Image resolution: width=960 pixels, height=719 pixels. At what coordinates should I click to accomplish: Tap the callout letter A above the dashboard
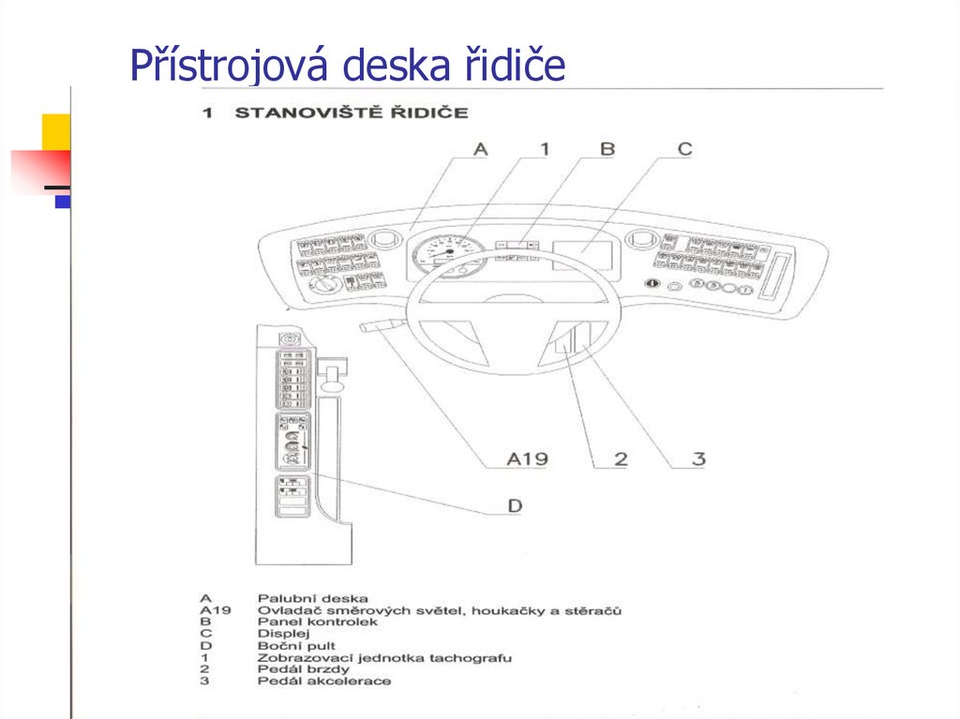(x=480, y=148)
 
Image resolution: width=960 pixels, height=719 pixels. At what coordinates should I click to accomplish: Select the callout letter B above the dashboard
(x=607, y=148)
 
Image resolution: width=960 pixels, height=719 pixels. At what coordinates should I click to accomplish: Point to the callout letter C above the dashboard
(x=684, y=148)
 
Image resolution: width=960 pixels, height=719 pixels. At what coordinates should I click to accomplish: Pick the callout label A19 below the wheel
(x=527, y=459)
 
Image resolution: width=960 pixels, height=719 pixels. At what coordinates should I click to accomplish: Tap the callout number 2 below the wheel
(x=620, y=459)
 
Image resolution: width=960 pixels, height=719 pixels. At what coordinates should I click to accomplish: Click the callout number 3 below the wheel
(x=697, y=459)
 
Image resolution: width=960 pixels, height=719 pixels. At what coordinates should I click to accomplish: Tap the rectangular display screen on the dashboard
(x=583, y=255)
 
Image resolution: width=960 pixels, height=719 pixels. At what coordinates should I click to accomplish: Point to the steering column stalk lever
(x=378, y=325)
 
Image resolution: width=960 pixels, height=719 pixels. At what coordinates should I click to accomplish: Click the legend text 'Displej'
(x=283, y=634)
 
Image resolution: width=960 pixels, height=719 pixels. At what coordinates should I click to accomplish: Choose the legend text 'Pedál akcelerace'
(x=323, y=682)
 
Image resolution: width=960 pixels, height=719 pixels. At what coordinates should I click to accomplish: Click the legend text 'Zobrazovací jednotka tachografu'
(x=384, y=658)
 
